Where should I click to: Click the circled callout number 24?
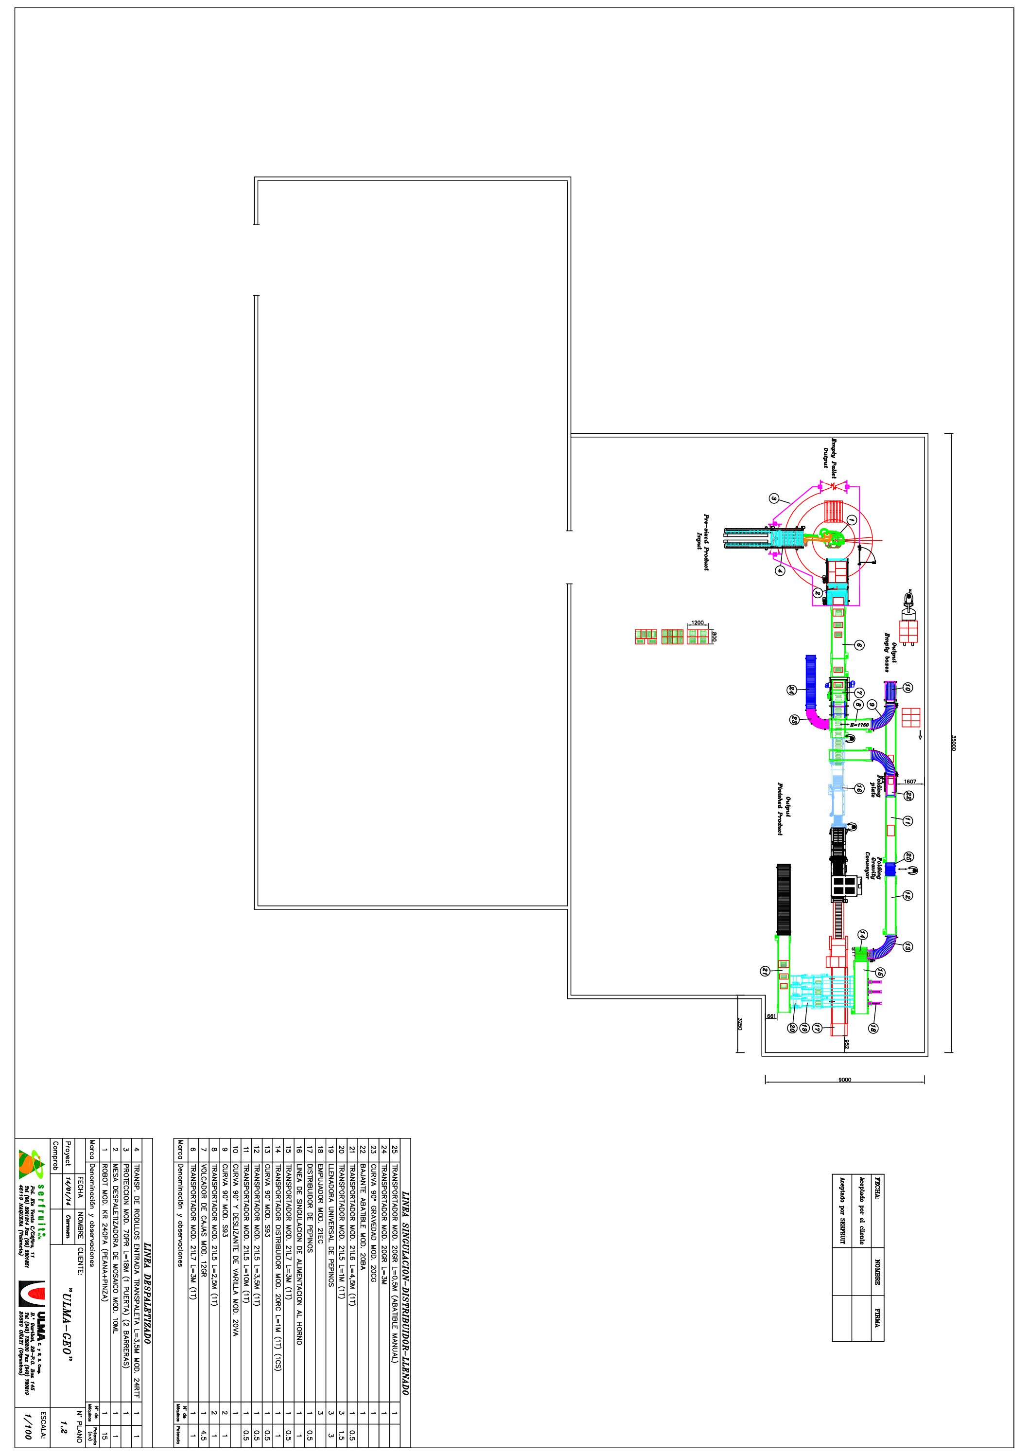coord(791,691)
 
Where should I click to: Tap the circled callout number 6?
coord(859,645)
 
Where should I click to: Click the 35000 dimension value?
coord(953,743)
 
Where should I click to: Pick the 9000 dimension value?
coord(844,1079)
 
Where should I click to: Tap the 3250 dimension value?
coord(739,1025)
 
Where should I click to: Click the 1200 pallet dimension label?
coord(698,623)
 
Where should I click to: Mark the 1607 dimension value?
coord(910,781)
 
